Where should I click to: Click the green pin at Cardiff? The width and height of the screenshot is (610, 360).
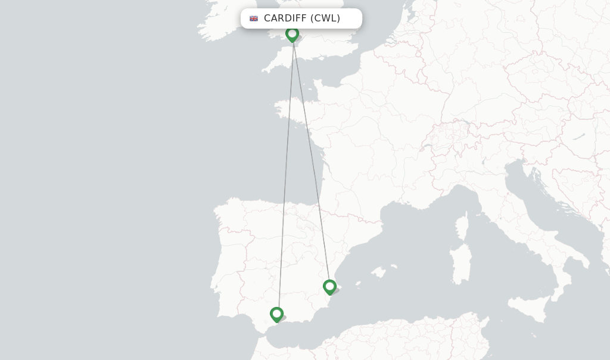[x=292, y=33]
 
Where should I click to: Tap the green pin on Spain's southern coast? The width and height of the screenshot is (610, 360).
[x=276, y=314]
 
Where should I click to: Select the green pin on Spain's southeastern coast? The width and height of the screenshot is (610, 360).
[x=329, y=287]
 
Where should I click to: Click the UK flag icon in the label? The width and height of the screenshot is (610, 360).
[x=254, y=18]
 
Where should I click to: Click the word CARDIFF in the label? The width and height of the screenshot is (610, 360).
[x=285, y=18]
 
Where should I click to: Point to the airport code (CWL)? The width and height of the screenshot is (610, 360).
[x=325, y=18]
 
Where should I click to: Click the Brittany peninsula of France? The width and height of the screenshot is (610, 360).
[x=292, y=110]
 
